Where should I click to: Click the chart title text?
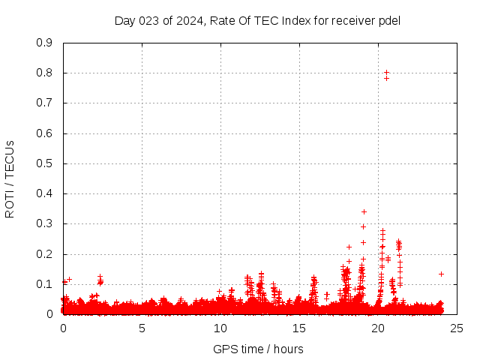pos(257,20)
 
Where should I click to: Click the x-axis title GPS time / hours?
pos(258,349)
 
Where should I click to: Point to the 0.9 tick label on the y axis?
pos(44,43)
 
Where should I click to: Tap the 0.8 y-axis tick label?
pos(44,73)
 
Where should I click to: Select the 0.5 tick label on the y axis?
pos(44,163)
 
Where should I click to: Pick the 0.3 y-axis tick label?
pos(44,224)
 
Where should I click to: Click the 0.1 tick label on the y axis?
pos(44,284)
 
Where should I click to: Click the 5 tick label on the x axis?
pos(142,328)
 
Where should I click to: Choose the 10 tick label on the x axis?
pos(220,328)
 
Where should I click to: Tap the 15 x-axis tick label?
pos(299,328)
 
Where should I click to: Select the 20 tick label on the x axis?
pos(378,328)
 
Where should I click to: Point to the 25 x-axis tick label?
pos(457,328)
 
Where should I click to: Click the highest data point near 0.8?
pos(386,73)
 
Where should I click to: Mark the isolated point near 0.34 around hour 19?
pos(364,211)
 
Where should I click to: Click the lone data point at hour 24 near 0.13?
pos(441,274)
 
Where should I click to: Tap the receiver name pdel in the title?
pos(390,20)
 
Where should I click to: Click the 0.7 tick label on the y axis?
pos(44,103)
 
